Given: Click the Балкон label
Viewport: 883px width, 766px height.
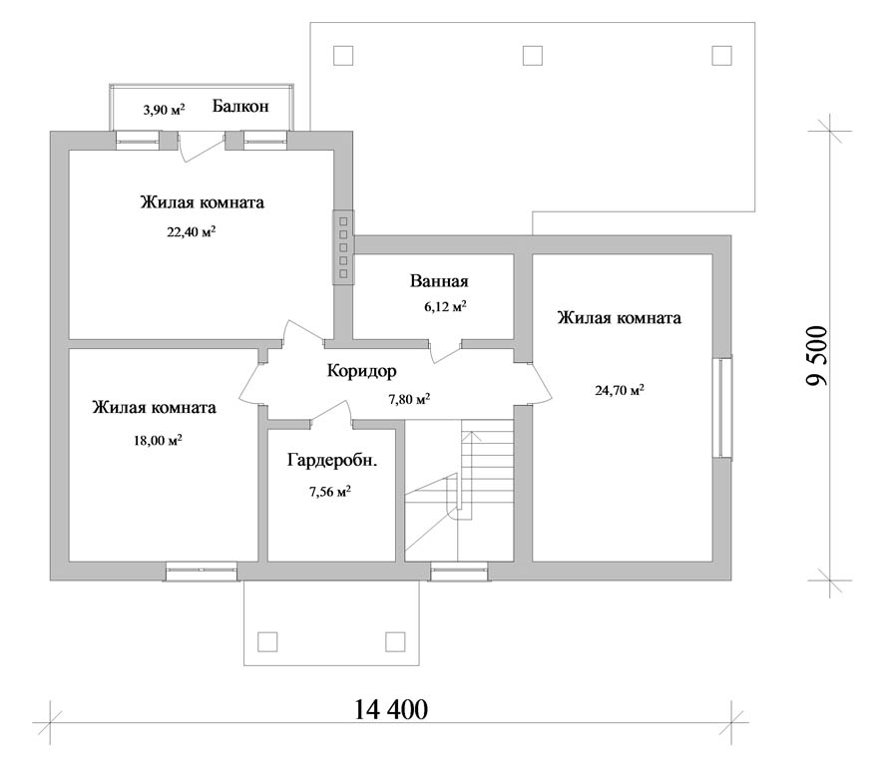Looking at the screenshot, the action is click(240, 107).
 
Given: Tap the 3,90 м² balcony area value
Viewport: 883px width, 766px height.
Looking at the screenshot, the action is click(164, 109).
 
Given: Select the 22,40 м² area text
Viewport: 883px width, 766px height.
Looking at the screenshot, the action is click(192, 231).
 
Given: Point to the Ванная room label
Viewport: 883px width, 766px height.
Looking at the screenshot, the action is click(439, 281).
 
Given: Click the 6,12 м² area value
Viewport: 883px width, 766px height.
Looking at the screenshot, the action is click(445, 306).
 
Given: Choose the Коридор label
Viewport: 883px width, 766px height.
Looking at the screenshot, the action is click(361, 371).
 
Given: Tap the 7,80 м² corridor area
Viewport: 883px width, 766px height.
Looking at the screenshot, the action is click(409, 399).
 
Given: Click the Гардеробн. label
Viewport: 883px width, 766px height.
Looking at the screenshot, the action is click(332, 461).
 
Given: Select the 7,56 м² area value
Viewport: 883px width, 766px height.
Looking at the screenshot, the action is click(330, 492).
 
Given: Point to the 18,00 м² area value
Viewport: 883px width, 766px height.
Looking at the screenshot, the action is click(158, 440).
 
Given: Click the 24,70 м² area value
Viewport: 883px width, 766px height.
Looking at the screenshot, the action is click(620, 389).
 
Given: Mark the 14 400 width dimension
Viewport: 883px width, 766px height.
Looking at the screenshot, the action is click(391, 710).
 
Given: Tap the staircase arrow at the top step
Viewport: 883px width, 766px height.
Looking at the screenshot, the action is click(472, 434).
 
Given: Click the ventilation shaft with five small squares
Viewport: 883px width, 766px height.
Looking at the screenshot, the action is click(343, 247).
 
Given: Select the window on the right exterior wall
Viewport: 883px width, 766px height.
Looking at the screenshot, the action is click(722, 408).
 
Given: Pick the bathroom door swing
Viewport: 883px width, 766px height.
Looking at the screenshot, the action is click(445, 352).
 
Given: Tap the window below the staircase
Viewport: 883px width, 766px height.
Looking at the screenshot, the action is click(460, 573).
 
